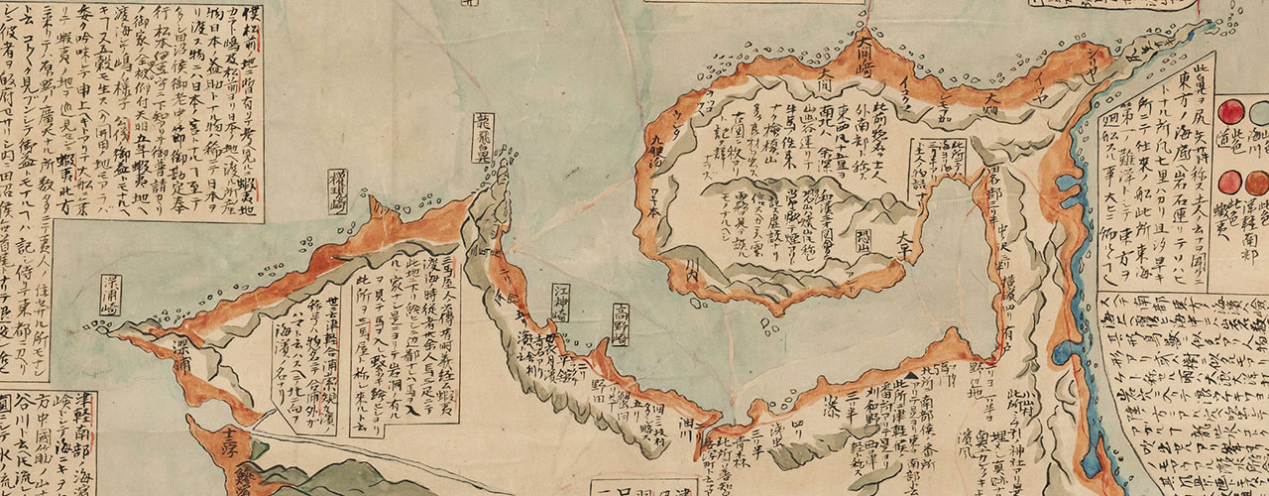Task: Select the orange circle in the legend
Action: [x=1231, y=182]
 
